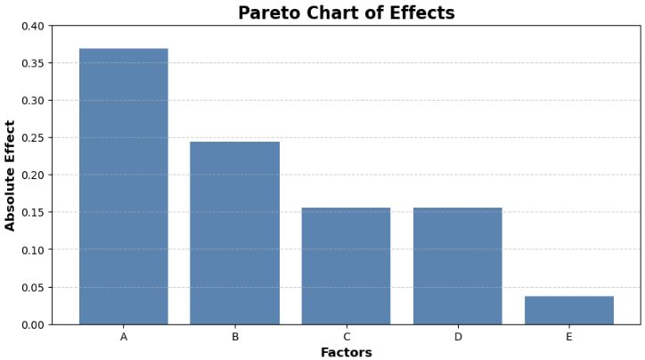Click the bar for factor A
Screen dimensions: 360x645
[124, 186]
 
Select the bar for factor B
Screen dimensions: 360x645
[234, 233]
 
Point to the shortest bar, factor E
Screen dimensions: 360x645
[568, 310]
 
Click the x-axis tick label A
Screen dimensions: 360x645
[124, 337]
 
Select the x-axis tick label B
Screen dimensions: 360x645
[234, 337]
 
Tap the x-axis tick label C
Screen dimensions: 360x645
[346, 337]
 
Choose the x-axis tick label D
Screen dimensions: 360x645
[457, 337]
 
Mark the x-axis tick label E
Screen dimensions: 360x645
[568, 337]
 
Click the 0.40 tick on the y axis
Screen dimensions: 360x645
[32, 26]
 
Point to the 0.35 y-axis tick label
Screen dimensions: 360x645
[32, 63]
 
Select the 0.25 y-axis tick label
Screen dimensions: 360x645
[32, 138]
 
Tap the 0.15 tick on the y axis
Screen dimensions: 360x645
[32, 213]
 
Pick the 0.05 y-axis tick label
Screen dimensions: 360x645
[32, 288]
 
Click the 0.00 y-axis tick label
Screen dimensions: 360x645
[32, 325]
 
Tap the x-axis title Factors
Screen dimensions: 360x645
[346, 352]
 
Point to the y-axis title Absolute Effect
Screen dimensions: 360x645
[11, 176]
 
